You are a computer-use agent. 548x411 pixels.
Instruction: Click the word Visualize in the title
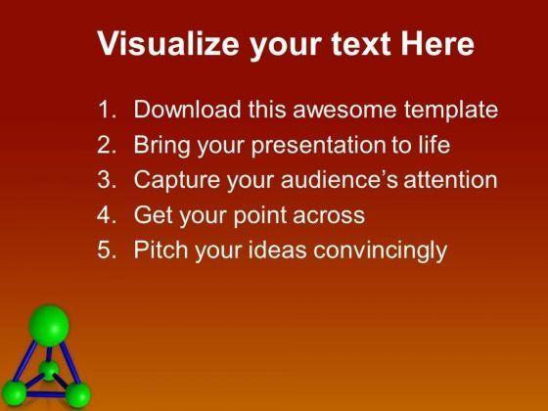click(168, 43)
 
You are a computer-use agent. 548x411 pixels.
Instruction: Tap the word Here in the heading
click(437, 43)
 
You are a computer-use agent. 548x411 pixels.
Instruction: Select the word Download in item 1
click(187, 109)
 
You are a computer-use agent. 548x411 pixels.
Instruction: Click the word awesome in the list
click(344, 110)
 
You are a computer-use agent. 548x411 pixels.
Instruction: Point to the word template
click(451, 111)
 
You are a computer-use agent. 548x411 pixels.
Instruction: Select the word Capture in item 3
click(176, 180)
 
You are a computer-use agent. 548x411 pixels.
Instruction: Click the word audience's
click(340, 180)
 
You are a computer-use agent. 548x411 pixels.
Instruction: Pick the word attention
click(451, 180)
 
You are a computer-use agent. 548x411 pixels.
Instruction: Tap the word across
click(329, 216)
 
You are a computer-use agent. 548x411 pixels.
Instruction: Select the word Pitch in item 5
click(160, 250)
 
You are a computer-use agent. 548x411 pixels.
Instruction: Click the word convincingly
click(380, 251)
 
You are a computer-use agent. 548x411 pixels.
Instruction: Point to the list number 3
click(107, 180)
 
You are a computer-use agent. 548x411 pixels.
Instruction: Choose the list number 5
click(107, 250)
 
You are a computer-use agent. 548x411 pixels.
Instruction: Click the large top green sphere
click(49, 326)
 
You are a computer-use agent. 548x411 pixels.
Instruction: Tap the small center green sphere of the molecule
click(49, 371)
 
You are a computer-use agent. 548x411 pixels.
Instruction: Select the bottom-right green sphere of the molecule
click(78, 395)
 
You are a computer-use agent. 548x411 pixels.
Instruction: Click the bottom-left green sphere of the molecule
click(15, 393)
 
